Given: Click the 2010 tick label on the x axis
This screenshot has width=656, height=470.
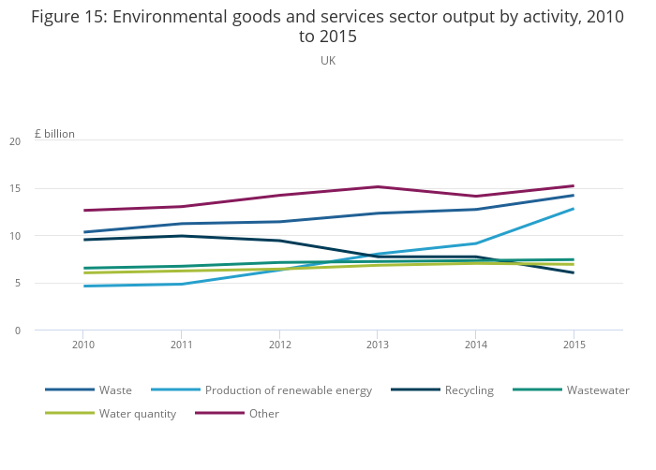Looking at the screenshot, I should pyautogui.click(x=83, y=345).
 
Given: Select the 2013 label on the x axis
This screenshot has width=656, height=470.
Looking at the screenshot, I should pyautogui.click(x=378, y=345).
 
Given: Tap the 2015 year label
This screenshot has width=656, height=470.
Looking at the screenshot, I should pyautogui.click(x=574, y=345).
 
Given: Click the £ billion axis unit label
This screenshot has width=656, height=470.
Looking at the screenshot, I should pyautogui.click(x=54, y=134).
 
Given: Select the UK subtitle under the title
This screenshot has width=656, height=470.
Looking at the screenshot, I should pyautogui.click(x=328, y=61).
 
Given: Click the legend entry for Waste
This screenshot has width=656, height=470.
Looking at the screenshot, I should pyautogui.click(x=115, y=390).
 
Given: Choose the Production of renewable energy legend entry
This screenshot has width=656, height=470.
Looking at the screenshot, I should pyautogui.click(x=289, y=390).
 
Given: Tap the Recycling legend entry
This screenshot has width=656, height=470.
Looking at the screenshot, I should pyautogui.click(x=469, y=390).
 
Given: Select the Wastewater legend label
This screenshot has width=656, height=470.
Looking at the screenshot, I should pyautogui.click(x=597, y=390).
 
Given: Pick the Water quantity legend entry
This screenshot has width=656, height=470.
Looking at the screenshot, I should pyautogui.click(x=138, y=414).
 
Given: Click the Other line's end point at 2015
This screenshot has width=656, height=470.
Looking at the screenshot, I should pyautogui.click(x=574, y=185).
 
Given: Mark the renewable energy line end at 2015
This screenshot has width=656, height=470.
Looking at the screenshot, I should pyautogui.click(x=574, y=209).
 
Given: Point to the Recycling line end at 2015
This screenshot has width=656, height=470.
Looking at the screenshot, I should pyautogui.click(x=574, y=272).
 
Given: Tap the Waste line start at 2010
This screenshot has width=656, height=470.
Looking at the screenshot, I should pyautogui.click(x=83, y=232).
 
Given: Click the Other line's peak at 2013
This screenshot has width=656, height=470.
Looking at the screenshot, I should pyautogui.click(x=378, y=186).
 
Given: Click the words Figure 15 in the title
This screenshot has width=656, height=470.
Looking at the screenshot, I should pyautogui.click(x=68, y=18).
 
